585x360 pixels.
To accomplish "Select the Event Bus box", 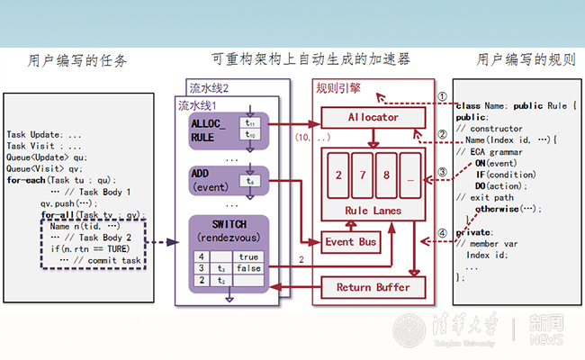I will [353, 242].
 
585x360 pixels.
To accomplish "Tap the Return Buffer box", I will [372, 287].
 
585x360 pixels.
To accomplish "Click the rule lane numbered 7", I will [362, 174].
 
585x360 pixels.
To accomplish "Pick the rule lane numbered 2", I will [337, 174].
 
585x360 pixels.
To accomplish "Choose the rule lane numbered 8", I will [386, 174].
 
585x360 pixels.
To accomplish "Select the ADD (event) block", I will [209, 178].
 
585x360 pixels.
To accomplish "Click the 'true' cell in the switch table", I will [247, 256].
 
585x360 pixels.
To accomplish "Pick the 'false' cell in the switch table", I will [247, 268].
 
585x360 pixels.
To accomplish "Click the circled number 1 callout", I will [442, 96].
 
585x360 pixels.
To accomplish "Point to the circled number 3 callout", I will [442, 171].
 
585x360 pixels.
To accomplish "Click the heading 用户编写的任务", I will [77, 61].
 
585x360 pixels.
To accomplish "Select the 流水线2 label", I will [208, 88].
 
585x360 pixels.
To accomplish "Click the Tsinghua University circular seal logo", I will [412, 330].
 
